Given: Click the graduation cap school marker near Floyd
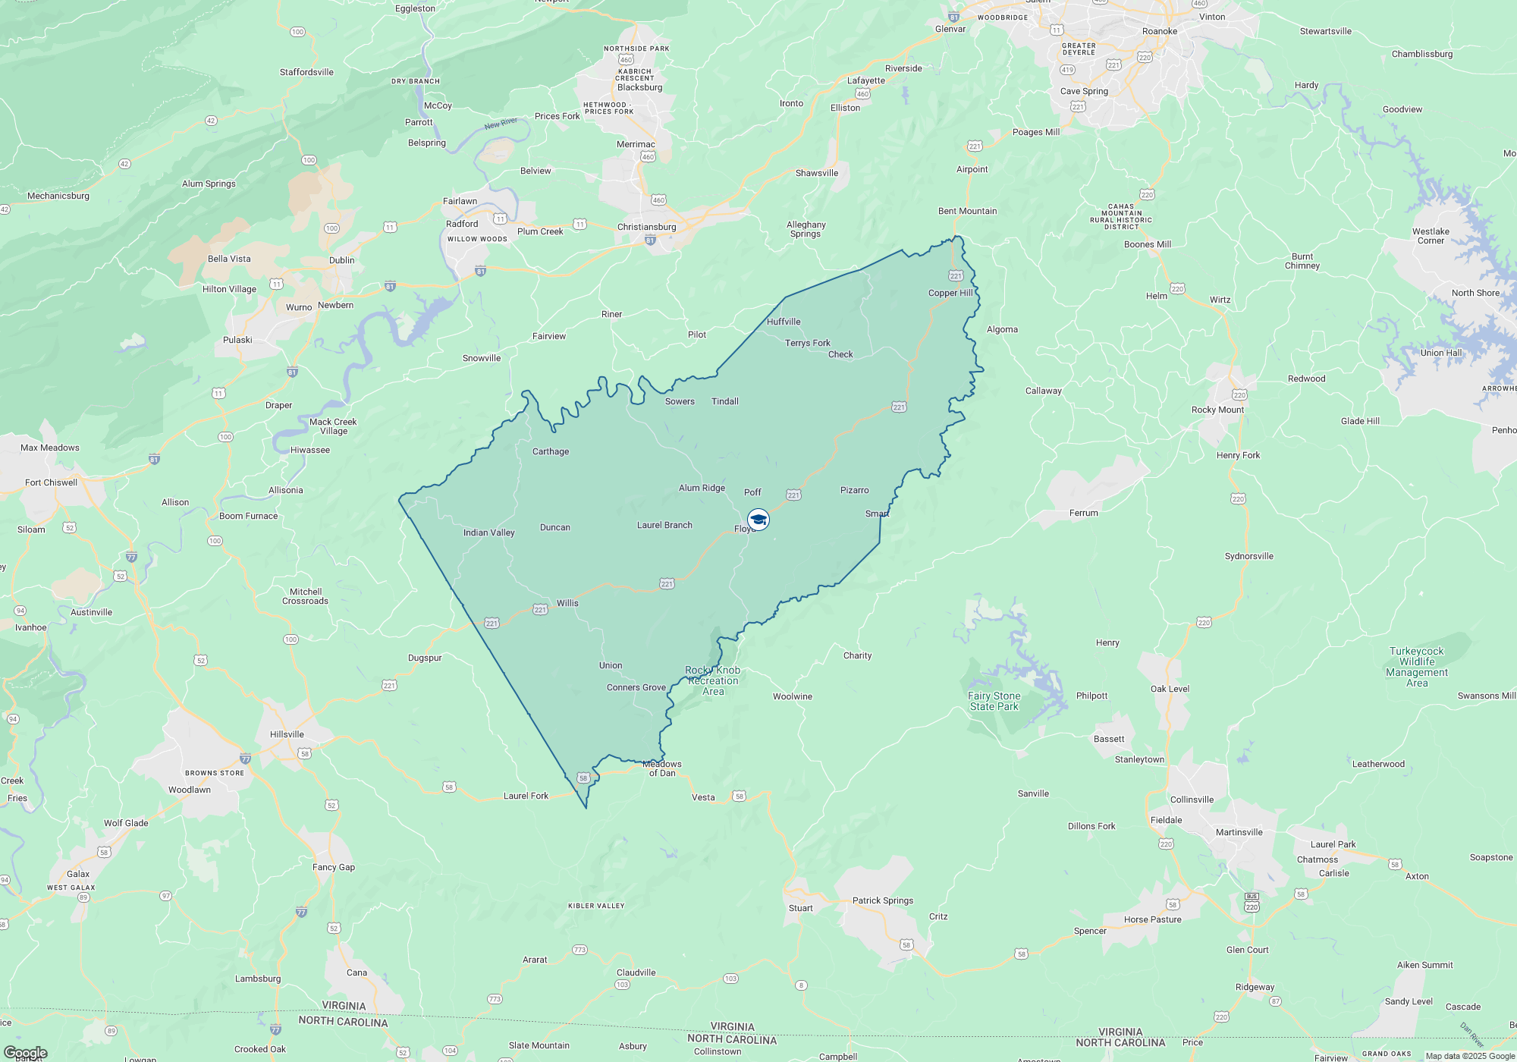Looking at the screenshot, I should click(x=758, y=520).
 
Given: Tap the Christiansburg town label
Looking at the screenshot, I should click(x=646, y=227).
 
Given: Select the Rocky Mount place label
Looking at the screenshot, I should click(x=1217, y=410).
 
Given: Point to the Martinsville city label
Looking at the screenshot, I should click(x=1239, y=832).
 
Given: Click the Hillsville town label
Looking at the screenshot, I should click(x=287, y=734).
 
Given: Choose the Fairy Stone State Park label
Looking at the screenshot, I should click(x=994, y=701).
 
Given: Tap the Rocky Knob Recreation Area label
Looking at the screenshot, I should click(x=712, y=680).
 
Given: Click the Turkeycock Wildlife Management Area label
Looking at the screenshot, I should click(x=1416, y=667).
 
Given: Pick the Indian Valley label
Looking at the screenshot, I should click(x=488, y=533).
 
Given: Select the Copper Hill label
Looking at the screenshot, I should click(x=950, y=293).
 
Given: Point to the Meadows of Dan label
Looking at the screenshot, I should click(x=661, y=768).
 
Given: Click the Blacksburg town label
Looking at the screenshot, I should click(x=639, y=87).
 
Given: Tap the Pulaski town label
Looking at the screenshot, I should click(x=237, y=340).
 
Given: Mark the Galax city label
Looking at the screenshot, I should click(x=78, y=874).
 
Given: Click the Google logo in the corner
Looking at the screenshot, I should click(x=25, y=1052).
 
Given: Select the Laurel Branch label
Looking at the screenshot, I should click(x=664, y=525).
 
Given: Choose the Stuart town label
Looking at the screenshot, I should click(x=800, y=908).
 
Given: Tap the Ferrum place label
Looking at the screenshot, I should click(x=1083, y=513).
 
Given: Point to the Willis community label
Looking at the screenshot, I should click(x=567, y=603).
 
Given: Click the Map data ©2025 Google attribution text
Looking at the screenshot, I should click(x=1469, y=1056).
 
